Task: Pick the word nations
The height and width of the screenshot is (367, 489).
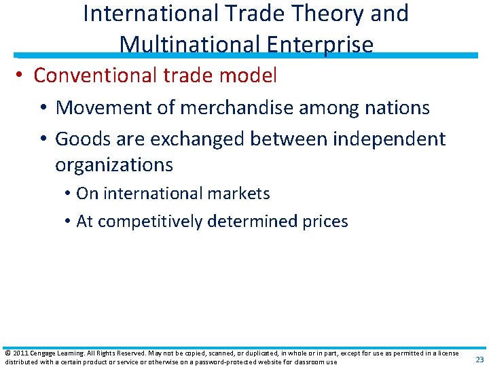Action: click(x=397, y=107)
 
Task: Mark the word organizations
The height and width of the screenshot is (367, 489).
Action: click(x=114, y=165)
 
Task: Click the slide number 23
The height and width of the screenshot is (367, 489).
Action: click(x=479, y=360)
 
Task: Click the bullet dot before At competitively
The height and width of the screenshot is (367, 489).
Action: click(x=69, y=222)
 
